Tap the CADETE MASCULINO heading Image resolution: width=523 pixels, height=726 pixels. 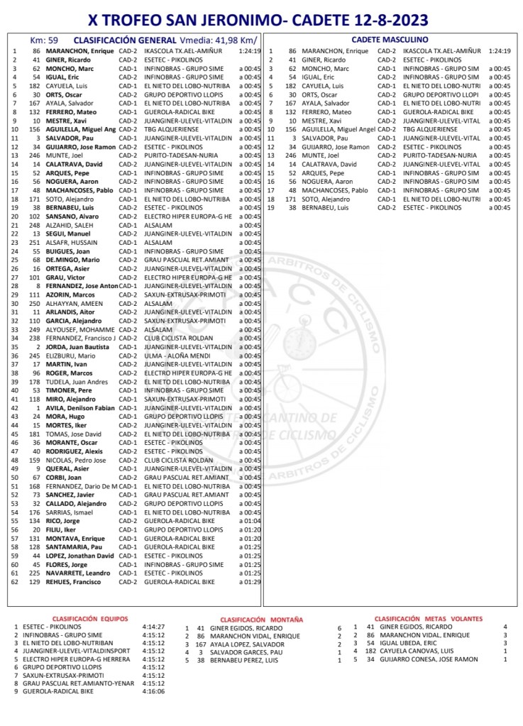click(390, 40)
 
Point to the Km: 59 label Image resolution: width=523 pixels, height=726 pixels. click(44, 40)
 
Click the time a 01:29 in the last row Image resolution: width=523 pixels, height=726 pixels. click(250, 581)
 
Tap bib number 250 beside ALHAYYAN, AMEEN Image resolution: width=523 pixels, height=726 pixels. click(34, 303)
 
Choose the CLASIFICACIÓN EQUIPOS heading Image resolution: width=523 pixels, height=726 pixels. click(89, 618)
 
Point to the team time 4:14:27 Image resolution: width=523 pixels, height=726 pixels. click(153, 627)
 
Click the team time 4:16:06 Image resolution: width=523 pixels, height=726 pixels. click(153, 691)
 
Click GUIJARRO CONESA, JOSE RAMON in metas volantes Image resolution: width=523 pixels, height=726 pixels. click(429, 659)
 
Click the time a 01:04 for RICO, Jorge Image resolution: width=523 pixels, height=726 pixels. click(250, 520)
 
